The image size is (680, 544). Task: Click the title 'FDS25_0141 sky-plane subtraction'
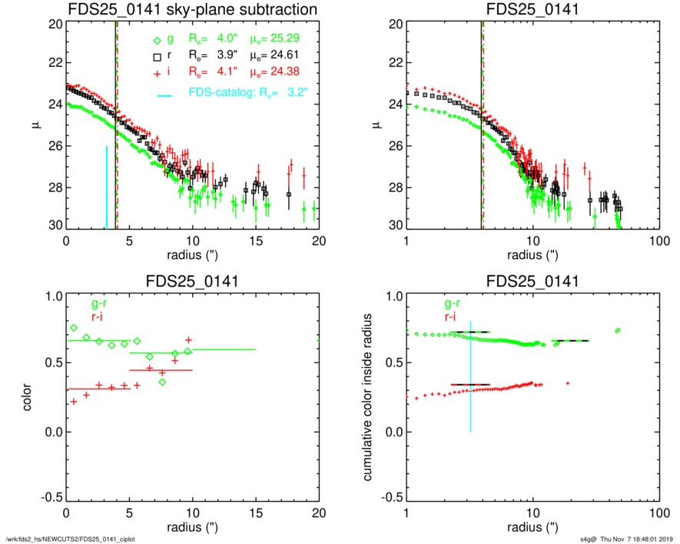[192, 9]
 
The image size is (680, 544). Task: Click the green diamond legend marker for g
[157, 41]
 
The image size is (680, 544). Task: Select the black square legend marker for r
[157, 56]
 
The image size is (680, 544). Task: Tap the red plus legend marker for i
[157, 71]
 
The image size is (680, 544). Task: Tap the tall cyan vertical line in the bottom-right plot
[470, 376]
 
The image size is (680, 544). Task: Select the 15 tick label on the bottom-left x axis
[255, 512]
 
